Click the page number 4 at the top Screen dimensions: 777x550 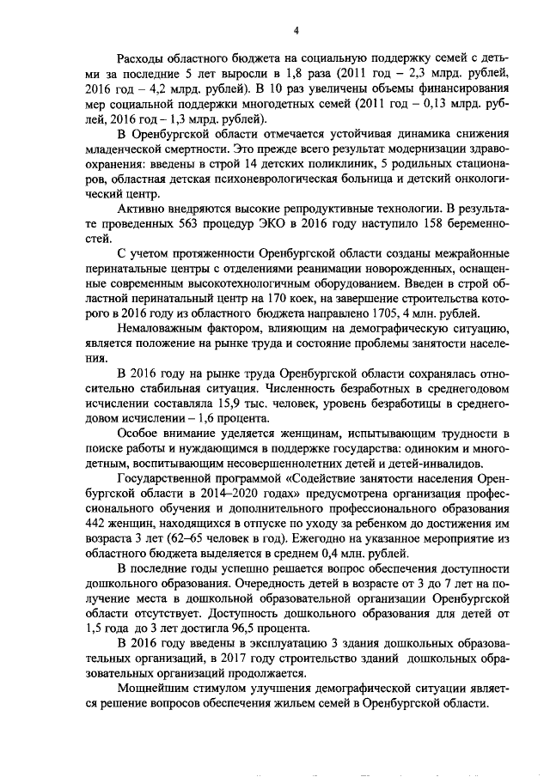[296, 33]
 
